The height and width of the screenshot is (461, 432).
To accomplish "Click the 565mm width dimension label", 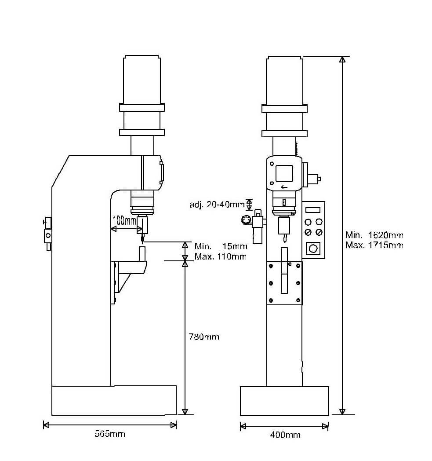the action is click(x=110, y=434).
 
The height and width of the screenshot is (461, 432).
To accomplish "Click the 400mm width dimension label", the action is click(x=285, y=435).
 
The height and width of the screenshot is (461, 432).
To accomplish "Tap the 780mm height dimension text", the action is click(x=204, y=337).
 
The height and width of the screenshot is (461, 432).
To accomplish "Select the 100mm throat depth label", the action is click(x=124, y=220).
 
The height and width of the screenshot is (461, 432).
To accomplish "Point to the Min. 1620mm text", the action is click(x=374, y=235).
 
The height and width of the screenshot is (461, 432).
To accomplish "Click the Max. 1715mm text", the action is click(x=374, y=245).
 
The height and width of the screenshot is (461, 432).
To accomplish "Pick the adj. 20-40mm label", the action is click(x=217, y=205).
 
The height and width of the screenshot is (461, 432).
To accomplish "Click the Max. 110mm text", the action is click(x=220, y=256).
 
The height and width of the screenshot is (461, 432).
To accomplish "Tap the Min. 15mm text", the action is click(x=221, y=246).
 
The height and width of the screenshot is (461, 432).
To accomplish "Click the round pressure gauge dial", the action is click(x=246, y=220).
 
